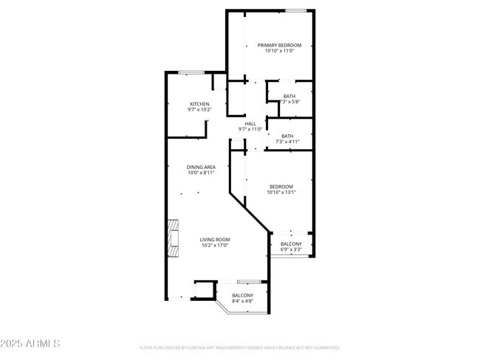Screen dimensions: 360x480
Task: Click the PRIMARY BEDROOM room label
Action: pyautogui.click(x=279, y=45)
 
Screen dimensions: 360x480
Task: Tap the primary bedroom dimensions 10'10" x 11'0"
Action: pyautogui.click(x=279, y=51)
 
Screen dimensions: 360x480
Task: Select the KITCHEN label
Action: pyautogui.click(x=199, y=104)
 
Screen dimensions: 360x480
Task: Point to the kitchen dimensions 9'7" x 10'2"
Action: pyautogui.click(x=199, y=110)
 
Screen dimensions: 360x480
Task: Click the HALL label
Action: pyautogui.click(x=250, y=123)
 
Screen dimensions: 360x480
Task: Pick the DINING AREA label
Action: pyautogui.click(x=200, y=167)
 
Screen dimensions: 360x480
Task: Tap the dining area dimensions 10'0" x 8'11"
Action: pyautogui.click(x=200, y=173)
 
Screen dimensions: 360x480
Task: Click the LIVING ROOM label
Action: pyautogui.click(x=216, y=239)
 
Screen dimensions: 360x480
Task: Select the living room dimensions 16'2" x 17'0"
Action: pyautogui.click(x=216, y=245)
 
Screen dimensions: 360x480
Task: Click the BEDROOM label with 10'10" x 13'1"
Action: pyautogui.click(x=281, y=187)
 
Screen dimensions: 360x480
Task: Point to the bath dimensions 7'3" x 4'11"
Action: pyautogui.click(x=287, y=142)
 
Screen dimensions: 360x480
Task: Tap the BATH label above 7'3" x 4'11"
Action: pyautogui.click(x=287, y=136)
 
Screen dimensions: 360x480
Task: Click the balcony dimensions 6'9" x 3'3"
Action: pyautogui.click(x=291, y=249)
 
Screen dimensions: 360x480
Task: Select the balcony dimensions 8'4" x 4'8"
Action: pyautogui.click(x=242, y=301)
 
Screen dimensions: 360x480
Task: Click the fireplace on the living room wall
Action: pyautogui.click(x=173, y=238)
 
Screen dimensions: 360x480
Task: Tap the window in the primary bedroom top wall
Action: pyautogui.click(x=296, y=10)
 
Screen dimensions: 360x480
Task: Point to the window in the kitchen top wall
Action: pyautogui.click(x=191, y=72)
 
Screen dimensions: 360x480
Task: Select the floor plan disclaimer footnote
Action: pyautogui.click(x=240, y=347)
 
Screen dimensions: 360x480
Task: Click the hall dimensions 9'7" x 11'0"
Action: pyautogui.click(x=250, y=129)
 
